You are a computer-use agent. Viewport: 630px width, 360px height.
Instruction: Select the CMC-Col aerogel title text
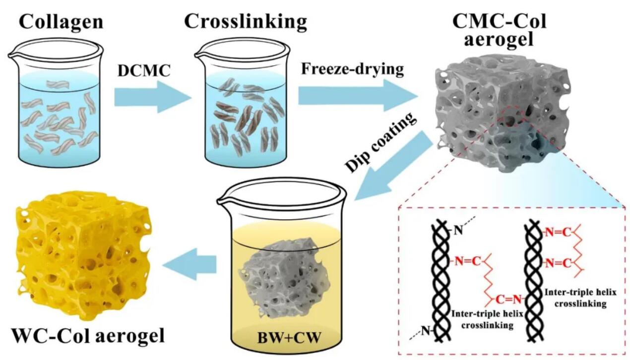pos(500,29)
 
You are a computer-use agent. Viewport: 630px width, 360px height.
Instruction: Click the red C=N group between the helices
pos(506,299)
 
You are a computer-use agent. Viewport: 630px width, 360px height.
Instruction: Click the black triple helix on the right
pos(534,278)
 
